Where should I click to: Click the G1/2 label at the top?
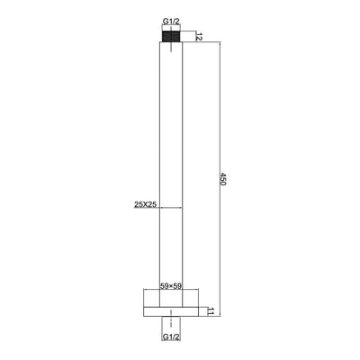[x=171, y=22]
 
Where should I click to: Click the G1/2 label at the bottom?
[x=171, y=337]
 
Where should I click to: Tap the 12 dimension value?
[x=199, y=36]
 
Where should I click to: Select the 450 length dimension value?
[x=223, y=179]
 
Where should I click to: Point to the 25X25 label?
[x=146, y=204]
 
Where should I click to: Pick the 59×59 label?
[x=171, y=285]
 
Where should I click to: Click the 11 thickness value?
[x=211, y=311]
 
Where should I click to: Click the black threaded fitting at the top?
[x=171, y=37]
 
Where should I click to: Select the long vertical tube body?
[x=171, y=175]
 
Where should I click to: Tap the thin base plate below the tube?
[x=171, y=311]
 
